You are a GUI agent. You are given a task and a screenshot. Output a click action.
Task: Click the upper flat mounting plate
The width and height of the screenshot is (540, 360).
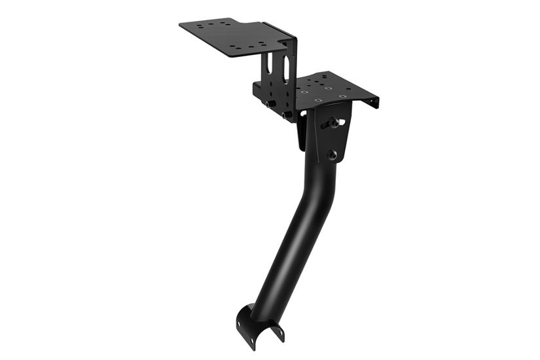[229, 36]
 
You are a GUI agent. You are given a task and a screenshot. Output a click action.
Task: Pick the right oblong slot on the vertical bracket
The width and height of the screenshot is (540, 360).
[286, 65]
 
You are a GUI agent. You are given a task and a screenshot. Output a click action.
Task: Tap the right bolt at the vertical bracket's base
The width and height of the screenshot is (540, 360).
[287, 115]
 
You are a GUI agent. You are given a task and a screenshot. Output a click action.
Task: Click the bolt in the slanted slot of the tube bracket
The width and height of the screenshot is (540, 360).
[334, 122]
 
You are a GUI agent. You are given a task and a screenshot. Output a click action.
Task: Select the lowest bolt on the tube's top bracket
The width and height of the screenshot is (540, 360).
[333, 154]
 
